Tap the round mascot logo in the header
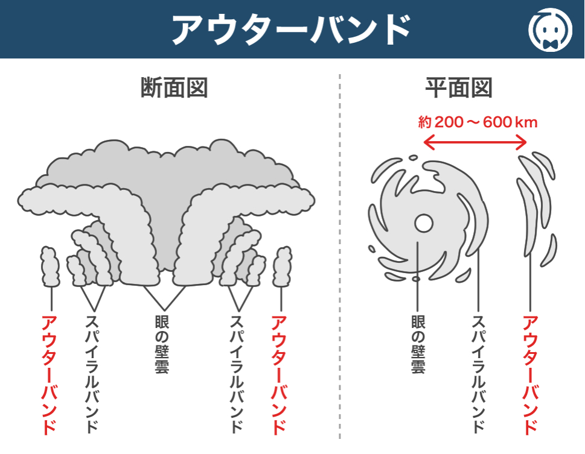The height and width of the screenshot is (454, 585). (550, 30)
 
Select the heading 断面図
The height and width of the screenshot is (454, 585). (174, 88)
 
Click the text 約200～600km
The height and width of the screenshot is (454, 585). (478, 122)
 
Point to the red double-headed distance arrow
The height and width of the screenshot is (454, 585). (475, 143)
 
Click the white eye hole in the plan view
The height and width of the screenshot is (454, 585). (423, 224)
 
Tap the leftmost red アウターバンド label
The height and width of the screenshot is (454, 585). (50, 374)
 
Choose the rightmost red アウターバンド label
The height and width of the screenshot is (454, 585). (529, 374)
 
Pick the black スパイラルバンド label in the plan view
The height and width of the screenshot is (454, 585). (478, 374)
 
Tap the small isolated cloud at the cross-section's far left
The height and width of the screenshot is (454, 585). (50, 266)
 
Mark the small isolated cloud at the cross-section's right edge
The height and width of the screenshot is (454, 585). (281, 266)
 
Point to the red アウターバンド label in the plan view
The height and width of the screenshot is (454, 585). (529, 374)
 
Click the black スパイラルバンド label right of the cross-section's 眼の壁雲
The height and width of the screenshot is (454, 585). (237, 374)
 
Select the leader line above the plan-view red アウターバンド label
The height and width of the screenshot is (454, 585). (529, 283)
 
